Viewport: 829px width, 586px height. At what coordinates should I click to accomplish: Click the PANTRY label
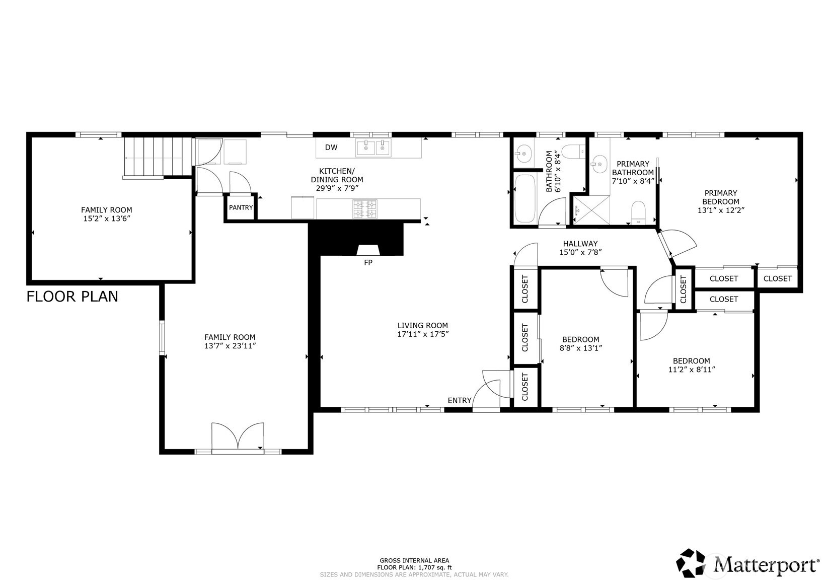pyautogui.click(x=241, y=207)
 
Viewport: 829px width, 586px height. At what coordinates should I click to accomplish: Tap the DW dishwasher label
pyautogui.click(x=331, y=148)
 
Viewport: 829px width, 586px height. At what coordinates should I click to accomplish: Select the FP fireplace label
pyautogui.click(x=368, y=262)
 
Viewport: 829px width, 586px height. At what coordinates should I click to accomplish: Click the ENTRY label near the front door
pyautogui.click(x=459, y=400)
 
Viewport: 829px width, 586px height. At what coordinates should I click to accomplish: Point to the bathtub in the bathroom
pyautogui.click(x=525, y=198)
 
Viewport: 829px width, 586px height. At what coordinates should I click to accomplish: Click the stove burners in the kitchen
pyautogui.click(x=365, y=209)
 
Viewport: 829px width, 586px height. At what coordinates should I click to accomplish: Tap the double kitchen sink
pyautogui.click(x=373, y=148)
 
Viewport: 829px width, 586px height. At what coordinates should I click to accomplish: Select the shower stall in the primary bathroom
pyautogui.click(x=591, y=210)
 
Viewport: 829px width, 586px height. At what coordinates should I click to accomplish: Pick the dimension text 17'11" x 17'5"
pyautogui.click(x=423, y=334)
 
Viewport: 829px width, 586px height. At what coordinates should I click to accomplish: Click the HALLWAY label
pyautogui.click(x=580, y=244)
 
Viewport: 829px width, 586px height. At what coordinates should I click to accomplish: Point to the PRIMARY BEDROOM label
pyautogui.click(x=721, y=197)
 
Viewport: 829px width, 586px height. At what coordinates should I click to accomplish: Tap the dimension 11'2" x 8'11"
pyautogui.click(x=691, y=370)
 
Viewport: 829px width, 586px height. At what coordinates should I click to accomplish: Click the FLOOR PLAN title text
pyautogui.click(x=72, y=297)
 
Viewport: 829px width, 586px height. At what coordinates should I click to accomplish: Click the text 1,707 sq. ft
pyautogui.click(x=431, y=567)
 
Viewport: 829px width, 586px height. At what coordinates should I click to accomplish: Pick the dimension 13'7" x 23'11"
pyautogui.click(x=230, y=346)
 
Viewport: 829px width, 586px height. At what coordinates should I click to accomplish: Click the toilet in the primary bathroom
pyautogui.click(x=638, y=212)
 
